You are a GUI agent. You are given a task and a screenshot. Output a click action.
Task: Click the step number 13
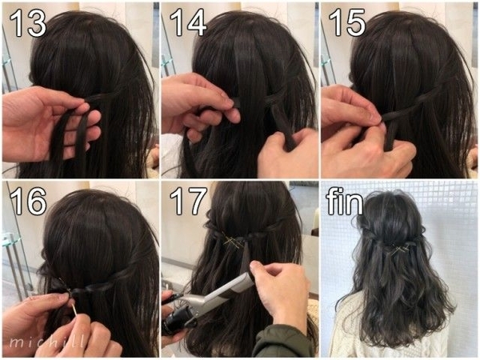coord(28,22)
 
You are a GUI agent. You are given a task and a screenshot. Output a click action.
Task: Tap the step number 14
coord(188,22)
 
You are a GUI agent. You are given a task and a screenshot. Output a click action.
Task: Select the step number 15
coord(347,22)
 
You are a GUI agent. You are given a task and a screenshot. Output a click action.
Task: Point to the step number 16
coord(28,201)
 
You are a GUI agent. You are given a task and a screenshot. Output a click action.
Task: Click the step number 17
coord(188,201)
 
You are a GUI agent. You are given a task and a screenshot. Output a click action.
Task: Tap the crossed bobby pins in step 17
coord(233,242)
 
